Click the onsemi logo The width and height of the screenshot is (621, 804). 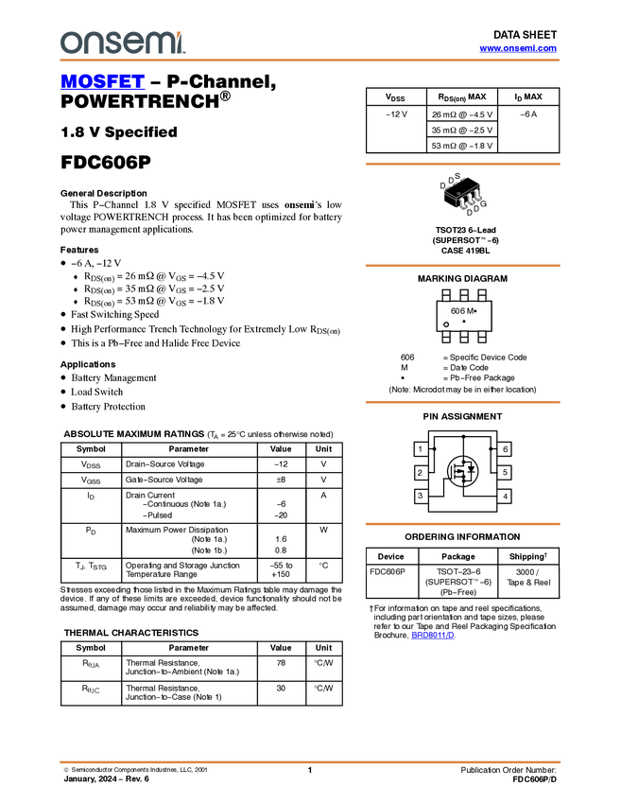122,43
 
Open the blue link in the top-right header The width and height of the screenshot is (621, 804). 518,48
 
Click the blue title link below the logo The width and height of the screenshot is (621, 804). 102,82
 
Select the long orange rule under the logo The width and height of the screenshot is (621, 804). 310,61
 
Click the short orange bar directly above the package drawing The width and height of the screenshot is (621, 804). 462,164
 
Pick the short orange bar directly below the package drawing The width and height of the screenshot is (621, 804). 462,266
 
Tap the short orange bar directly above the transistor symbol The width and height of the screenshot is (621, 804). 462,402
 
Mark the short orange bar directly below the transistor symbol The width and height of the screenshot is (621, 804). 462,523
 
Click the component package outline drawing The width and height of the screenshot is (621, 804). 463,196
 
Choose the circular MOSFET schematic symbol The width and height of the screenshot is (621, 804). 462,471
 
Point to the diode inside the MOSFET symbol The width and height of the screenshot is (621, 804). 470,471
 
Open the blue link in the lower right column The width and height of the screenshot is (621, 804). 432,636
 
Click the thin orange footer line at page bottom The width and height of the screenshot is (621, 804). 310,761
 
